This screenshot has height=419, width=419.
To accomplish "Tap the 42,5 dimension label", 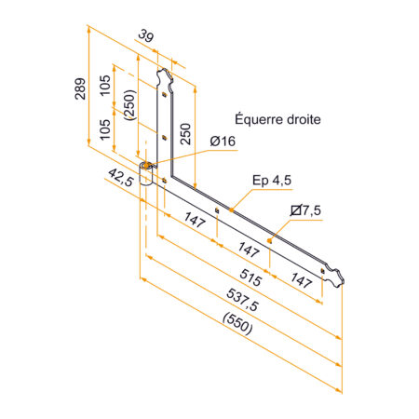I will coord(118,178).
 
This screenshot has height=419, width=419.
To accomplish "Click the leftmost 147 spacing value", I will coord(194,221).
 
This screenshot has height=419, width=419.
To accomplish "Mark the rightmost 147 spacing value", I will coord(300,278).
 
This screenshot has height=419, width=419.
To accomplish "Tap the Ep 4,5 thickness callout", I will coord(272,180).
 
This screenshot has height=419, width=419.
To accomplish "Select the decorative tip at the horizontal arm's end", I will coord(336,277).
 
